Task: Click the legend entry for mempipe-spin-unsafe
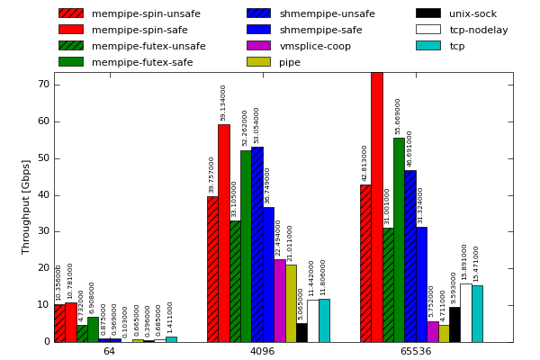point(146,13)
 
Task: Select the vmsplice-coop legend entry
point(315,46)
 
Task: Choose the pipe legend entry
point(290,62)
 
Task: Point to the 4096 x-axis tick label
point(262,351)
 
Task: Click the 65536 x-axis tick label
point(415,351)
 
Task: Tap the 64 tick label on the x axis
point(109,351)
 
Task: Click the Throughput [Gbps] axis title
point(27,207)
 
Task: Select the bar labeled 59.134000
point(223,233)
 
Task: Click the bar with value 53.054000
point(256,245)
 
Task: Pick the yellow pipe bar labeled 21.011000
point(291,303)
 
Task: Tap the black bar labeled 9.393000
point(454,325)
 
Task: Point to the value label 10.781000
point(70,280)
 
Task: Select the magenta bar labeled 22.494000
point(279,301)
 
